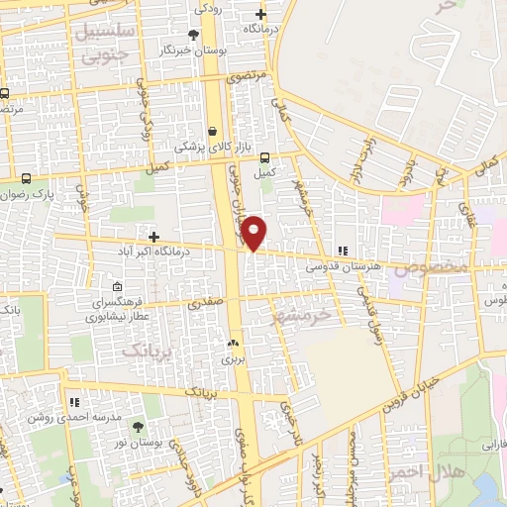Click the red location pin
[254, 233]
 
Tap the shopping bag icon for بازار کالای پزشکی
[213, 131]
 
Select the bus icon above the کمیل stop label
[264, 157]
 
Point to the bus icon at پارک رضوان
[26, 180]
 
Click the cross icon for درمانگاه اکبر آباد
[152, 236]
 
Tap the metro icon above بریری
[233, 342]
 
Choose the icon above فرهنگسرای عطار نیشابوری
[118, 286]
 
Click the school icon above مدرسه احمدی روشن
[74, 402]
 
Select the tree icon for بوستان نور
[135, 427]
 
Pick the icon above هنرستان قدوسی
[343, 252]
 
